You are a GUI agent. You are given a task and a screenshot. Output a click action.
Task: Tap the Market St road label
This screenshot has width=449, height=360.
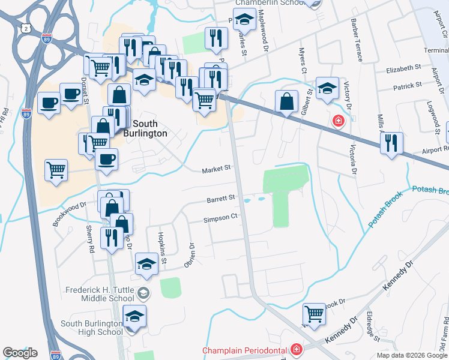(x=216, y=169)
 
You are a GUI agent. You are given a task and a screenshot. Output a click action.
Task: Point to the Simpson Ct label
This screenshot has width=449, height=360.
(x=220, y=218)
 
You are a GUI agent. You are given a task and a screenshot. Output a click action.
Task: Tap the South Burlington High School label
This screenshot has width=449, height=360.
(x=92, y=328)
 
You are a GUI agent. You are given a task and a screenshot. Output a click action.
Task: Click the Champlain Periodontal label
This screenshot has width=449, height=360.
(x=244, y=349)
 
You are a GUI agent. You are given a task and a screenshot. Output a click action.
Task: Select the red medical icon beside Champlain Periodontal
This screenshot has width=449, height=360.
(x=296, y=349)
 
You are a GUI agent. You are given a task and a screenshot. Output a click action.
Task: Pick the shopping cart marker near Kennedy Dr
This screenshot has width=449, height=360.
(x=315, y=313)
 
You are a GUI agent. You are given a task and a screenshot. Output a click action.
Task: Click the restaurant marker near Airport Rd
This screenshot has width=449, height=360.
(x=391, y=143)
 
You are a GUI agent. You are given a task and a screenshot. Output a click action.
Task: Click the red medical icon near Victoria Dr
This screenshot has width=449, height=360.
(x=339, y=121)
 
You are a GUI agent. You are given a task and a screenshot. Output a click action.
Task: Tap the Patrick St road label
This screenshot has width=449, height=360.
(x=408, y=86)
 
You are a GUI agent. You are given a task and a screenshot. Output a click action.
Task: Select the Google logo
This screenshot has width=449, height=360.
(x=20, y=353)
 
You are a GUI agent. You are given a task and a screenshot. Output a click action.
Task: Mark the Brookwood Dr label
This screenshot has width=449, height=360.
(x=69, y=213)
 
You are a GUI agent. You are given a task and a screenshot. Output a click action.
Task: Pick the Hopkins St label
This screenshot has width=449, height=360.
(x=161, y=248)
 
